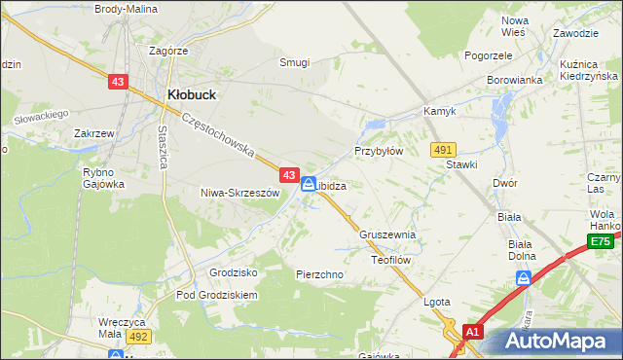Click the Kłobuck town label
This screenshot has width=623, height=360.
(x=191, y=95)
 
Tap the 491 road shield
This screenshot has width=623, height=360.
(x=443, y=149)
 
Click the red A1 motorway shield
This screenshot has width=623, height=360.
(x=472, y=332)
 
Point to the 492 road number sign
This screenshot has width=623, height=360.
(x=137, y=336)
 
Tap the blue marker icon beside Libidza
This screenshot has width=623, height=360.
(x=308, y=183)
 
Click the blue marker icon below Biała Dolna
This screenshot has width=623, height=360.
(x=524, y=279)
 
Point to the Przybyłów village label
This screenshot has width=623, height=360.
(x=378, y=152)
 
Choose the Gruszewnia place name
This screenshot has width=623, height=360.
(x=387, y=235)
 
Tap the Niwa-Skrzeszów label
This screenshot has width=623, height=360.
(x=239, y=193)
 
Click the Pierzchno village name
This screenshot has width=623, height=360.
(x=319, y=274)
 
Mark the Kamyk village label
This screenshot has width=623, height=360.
(x=439, y=112)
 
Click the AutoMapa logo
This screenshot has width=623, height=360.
(x=555, y=342)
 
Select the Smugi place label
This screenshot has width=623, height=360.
(x=294, y=62)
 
